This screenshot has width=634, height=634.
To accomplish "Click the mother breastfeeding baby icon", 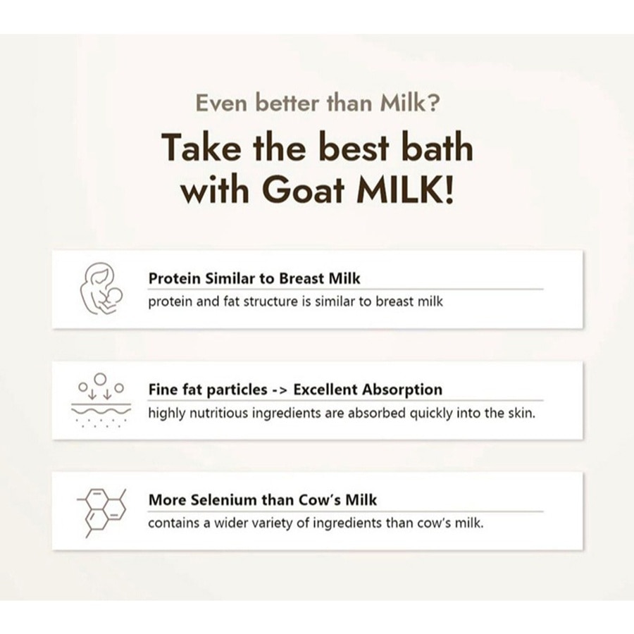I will pyautogui.click(x=99, y=289).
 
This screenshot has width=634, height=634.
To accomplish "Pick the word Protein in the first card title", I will pyautogui.click(x=174, y=278).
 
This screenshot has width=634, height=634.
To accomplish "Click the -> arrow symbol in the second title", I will pyautogui.click(x=280, y=390).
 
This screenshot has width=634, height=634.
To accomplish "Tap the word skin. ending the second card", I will pyautogui.click(x=521, y=413).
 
